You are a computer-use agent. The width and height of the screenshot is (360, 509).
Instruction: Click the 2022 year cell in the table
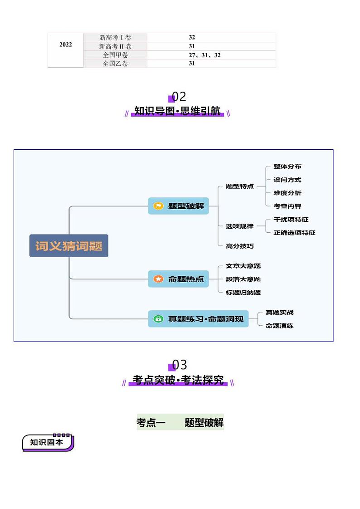pyautogui.click(x=65, y=45)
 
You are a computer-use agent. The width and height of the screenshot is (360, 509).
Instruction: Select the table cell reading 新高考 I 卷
pyautogui.click(x=115, y=38)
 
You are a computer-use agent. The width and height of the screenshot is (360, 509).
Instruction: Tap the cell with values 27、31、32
pyautogui.click(x=204, y=55)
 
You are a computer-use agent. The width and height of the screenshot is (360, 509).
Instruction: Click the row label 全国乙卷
pyautogui.click(x=115, y=64)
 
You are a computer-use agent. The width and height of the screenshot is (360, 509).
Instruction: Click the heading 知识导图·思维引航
pyautogui.click(x=177, y=111)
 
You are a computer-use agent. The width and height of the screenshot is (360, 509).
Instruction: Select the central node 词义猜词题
pyautogui.click(x=69, y=246)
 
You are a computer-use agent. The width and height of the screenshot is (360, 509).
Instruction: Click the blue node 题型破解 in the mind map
pyautogui.click(x=179, y=206)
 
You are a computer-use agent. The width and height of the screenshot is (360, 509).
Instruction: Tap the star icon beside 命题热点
pyautogui.click(x=158, y=279)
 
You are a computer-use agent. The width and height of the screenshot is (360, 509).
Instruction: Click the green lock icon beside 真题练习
pyautogui.click(x=158, y=319)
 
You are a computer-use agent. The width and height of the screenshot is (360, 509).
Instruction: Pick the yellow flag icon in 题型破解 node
pyautogui.click(x=158, y=206)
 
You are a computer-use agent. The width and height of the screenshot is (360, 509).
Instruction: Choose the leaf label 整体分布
pyautogui.click(x=287, y=166)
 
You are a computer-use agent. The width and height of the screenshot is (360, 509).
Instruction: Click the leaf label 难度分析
pyautogui.click(x=287, y=193)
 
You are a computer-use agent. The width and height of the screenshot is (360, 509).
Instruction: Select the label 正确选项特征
pyautogui.click(x=294, y=233)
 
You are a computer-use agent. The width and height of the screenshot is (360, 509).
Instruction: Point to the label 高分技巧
pyautogui.click(x=239, y=246)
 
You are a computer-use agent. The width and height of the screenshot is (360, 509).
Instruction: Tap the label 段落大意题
pyautogui.click(x=243, y=279)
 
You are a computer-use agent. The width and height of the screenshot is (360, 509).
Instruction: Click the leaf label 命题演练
pyautogui.click(x=279, y=326)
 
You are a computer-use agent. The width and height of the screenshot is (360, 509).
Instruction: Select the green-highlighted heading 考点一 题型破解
pyautogui.click(x=180, y=423)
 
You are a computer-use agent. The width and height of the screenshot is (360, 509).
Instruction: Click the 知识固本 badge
pyautogui.click(x=47, y=442)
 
